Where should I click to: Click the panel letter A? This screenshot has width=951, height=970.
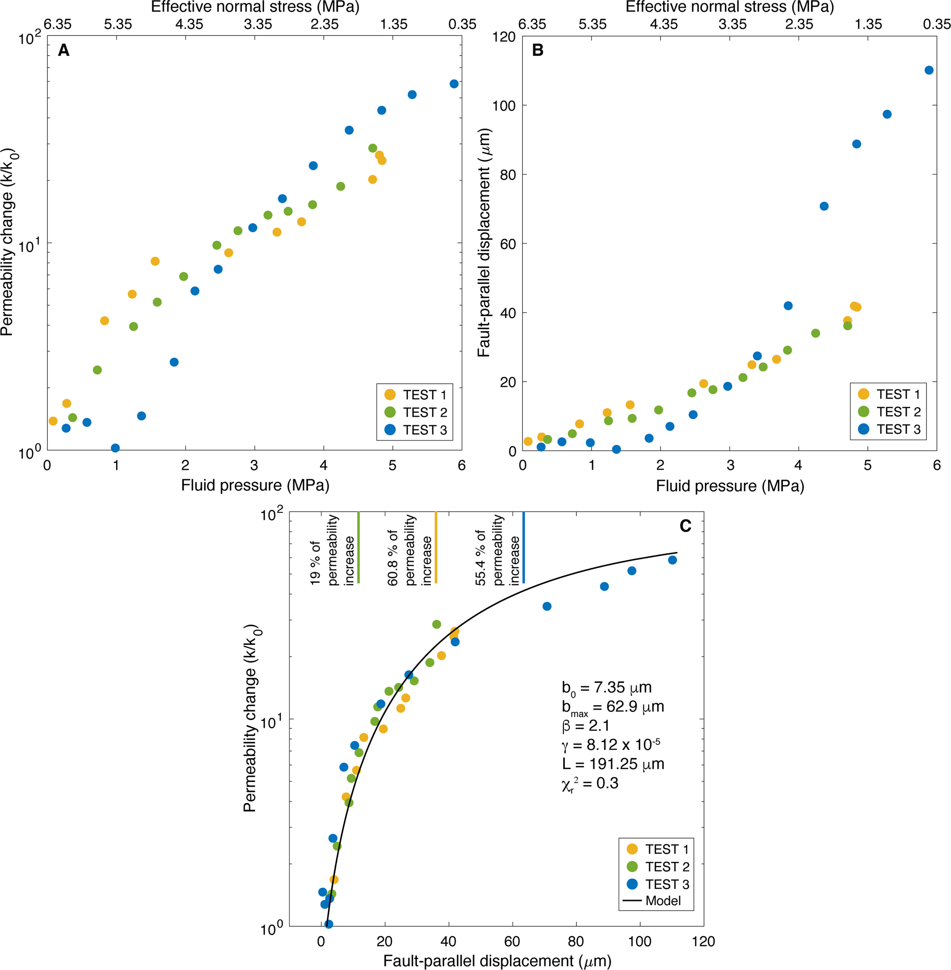pos(63,50)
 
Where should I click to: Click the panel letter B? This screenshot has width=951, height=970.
pos(537,50)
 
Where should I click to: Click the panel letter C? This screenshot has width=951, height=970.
pos(685,526)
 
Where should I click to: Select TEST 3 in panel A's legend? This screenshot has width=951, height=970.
pos(424,430)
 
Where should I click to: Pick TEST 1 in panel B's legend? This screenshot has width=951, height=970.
pos(898,394)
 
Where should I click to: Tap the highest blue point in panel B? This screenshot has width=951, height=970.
pos(929,70)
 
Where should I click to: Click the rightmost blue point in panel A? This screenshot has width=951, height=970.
pos(454,84)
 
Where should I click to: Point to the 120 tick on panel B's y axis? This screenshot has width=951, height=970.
pos(504,37)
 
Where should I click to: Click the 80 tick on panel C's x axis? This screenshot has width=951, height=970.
pos(575,941)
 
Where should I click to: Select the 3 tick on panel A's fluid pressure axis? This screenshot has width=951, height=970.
pos(254,465)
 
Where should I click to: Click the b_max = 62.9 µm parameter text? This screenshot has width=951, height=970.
pos(613,707)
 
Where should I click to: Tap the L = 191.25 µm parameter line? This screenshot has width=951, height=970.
pos(613,764)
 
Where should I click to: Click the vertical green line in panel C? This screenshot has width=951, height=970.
pos(358,547)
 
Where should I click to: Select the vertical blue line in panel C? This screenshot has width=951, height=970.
pos(524,547)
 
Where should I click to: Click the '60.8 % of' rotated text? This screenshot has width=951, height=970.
pos(393,558)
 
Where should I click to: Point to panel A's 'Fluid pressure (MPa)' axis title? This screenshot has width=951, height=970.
pos(255,485)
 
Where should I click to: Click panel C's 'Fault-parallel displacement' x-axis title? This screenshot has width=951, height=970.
pos(497,960)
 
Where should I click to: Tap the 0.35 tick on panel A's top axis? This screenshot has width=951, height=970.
pos(462,24)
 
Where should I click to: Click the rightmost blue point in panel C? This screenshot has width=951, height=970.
pos(672,560)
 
